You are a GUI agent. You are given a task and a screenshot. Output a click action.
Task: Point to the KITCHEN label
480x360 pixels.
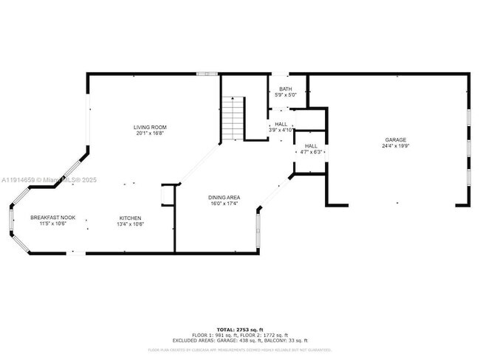point(130,218)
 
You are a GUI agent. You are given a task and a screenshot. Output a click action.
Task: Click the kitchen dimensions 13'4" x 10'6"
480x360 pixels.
point(130,224)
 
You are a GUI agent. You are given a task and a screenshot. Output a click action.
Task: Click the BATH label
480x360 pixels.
point(285,89)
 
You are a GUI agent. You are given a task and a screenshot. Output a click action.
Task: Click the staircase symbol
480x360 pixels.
point(233,118)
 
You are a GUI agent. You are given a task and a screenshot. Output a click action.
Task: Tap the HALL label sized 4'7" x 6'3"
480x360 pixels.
point(311,146)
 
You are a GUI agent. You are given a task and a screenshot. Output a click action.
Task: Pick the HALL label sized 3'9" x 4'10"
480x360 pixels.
point(281,124)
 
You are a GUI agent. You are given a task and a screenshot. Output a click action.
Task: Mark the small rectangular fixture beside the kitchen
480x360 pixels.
point(167,195)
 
